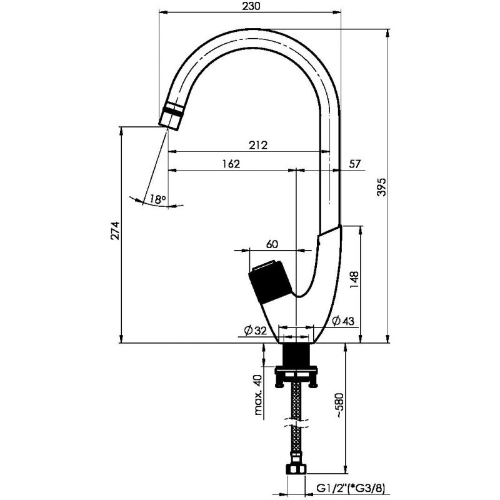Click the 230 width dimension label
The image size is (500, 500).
pos(251,6)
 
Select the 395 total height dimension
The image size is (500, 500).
pos(382,186)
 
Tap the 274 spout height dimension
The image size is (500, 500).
pos(115,231)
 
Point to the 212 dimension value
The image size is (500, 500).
pos(258,145)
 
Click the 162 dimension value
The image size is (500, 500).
pos(231,164)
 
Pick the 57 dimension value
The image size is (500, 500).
pos(354,164)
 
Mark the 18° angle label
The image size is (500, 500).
pos(157,199)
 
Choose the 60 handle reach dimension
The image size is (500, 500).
pos(272,244)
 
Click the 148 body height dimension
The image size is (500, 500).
pos(354,279)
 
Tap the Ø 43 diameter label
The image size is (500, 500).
pos(342,321)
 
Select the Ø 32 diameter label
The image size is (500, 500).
pos(255,331)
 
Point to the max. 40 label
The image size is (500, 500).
pos(258,394)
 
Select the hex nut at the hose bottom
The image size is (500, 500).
pos(296,469)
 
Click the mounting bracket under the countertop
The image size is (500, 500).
pos(296,377)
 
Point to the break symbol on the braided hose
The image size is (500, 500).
pos(296,424)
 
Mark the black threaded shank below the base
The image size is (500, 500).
pos(296,355)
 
